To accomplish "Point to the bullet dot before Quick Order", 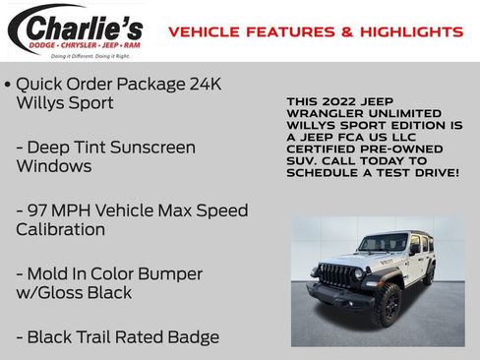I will (8, 84).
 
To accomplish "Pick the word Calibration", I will (60, 229).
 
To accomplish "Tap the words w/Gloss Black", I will (74, 292).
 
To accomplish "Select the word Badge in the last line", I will (191, 336).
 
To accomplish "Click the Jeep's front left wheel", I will (386, 306).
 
